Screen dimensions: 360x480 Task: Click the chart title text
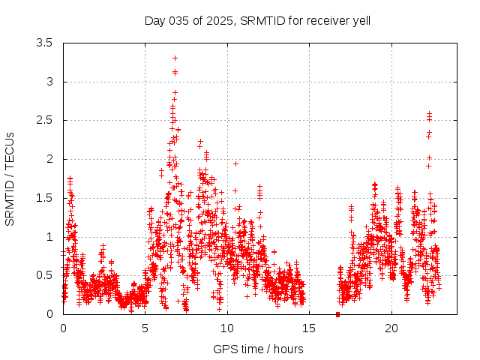pyautogui.click(x=258, y=20)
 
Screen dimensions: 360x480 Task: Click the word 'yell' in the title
pyautogui.click(x=360, y=20)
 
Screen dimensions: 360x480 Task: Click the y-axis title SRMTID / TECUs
pyautogui.click(x=10, y=178)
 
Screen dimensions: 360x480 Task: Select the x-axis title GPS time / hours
pyautogui.click(x=258, y=349)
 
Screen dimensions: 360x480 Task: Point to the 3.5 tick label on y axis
pyautogui.click(x=44, y=43)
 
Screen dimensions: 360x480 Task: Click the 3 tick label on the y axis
pyautogui.click(x=49, y=82)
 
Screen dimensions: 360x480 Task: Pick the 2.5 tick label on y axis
pyautogui.click(x=44, y=120)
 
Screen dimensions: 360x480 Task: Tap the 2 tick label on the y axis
pyautogui.click(x=49, y=159)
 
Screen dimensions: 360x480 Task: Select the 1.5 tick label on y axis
pyautogui.click(x=44, y=198)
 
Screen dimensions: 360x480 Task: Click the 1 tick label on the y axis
pyautogui.click(x=49, y=237)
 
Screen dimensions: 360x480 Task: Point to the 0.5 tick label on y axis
pyautogui.click(x=44, y=275)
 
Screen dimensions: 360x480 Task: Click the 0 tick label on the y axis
pyautogui.click(x=49, y=314)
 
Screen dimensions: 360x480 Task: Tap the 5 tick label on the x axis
pyautogui.click(x=145, y=328)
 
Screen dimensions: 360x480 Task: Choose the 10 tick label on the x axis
pyautogui.click(x=227, y=328)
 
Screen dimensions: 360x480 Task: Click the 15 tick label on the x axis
pyautogui.click(x=310, y=328)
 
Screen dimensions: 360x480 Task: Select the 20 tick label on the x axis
pyautogui.click(x=391, y=328)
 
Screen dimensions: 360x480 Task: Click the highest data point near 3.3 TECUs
pyautogui.click(x=175, y=58)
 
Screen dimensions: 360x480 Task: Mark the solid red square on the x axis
pyautogui.click(x=338, y=314)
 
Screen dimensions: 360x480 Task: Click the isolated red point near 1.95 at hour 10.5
pyautogui.click(x=235, y=163)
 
